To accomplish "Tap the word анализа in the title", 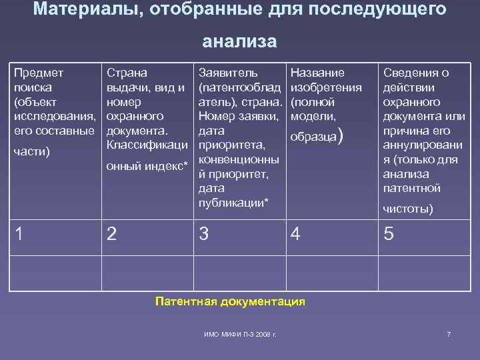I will coord(239,41).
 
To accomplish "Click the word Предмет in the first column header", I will coord(38,72).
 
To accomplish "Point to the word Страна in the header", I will coord(127,72).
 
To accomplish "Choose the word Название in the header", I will coord(318,72).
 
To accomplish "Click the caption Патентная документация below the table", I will coord(230,301).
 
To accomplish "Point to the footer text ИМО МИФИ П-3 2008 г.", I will coord(240,333).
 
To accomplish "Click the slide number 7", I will coord(449,333).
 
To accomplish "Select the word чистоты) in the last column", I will coord(407,209).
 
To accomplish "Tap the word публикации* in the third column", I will coord(233,203).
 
